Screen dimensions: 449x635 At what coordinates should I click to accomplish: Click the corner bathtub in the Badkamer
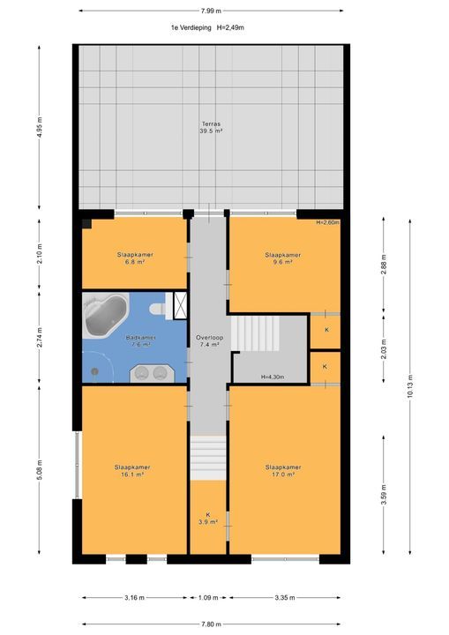[x=105, y=315]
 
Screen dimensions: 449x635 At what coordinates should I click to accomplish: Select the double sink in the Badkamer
[x=152, y=373]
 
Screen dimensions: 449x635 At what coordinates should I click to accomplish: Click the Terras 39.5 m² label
[x=211, y=128]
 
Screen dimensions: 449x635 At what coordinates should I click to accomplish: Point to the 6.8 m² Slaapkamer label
[x=135, y=258]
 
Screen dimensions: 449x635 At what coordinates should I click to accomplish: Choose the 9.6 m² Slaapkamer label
[x=283, y=258]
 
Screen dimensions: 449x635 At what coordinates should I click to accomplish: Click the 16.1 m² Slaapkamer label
[x=132, y=471]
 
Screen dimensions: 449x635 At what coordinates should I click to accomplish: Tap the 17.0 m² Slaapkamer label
[x=283, y=471]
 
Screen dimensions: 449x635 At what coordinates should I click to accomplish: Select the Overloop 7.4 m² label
[x=210, y=341]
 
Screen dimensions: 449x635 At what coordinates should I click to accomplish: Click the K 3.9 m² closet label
[x=208, y=519]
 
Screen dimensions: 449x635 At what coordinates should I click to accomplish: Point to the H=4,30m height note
[x=273, y=377]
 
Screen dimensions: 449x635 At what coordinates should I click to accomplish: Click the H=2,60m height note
[x=328, y=222]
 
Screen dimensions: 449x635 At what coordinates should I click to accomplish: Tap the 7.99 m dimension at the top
[x=211, y=11]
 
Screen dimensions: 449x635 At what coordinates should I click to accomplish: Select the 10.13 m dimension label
[x=410, y=386]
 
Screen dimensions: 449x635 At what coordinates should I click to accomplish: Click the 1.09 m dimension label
[x=208, y=597]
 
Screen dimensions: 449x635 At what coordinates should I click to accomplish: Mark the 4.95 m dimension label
[x=40, y=127]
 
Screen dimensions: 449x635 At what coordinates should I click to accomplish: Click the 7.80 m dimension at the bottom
[x=211, y=624]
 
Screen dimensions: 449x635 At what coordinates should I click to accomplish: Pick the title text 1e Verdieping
[x=191, y=28]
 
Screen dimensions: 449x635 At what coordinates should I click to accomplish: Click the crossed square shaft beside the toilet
[x=180, y=305]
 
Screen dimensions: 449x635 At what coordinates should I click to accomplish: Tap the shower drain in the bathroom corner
[x=94, y=371]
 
